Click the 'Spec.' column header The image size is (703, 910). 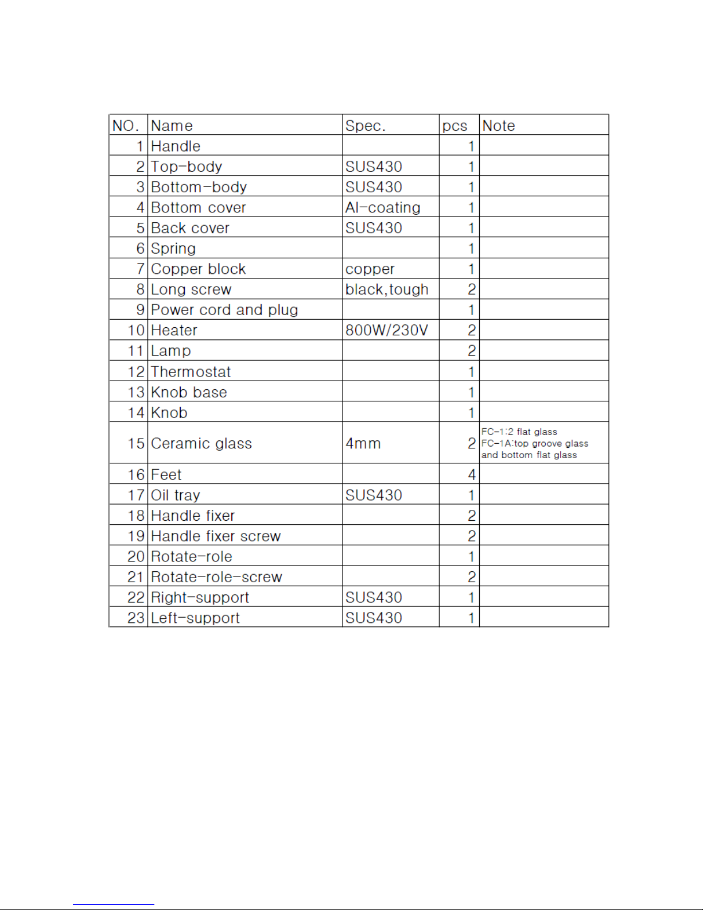(365, 126)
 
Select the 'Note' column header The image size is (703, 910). (498, 126)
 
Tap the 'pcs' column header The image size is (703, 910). (455, 126)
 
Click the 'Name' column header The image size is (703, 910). (172, 126)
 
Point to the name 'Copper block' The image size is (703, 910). (198, 269)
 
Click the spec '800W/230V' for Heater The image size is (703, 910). (386, 331)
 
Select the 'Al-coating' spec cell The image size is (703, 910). (382, 208)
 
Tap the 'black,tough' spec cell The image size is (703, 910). (386, 289)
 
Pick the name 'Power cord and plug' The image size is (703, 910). (224, 310)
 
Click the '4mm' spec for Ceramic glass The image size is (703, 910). (363, 444)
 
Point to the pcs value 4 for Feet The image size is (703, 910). (471, 475)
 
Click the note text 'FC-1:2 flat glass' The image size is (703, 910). (519, 432)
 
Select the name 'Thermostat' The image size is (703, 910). (191, 372)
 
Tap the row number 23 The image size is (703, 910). (135, 618)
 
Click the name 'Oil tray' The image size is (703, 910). (175, 495)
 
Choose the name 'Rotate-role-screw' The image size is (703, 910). (216, 577)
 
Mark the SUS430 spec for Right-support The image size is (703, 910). (373, 598)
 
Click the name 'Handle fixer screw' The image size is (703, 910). (216, 536)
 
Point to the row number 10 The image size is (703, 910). (135, 331)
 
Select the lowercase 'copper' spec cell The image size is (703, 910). (370, 269)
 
